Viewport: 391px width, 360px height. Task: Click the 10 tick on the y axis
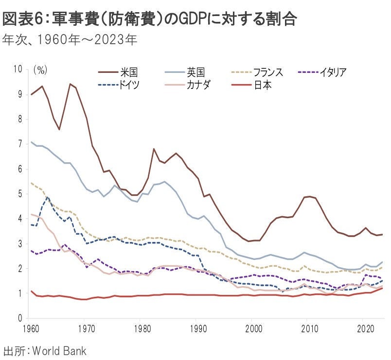(x=18, y=69)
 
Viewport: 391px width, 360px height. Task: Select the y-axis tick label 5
(x=20, y=194)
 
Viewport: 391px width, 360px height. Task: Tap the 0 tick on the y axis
(x=20, y=318)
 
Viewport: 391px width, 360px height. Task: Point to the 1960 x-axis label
(x=31, y=328)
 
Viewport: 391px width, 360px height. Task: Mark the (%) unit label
(x=40, y=69)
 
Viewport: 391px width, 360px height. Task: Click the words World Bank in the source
(x=59, y=350)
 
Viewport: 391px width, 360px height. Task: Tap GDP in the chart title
(x=196, y=19)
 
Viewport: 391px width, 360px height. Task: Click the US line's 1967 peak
(x=71, y=84)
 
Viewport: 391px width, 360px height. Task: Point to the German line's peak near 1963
(x=48, y=197)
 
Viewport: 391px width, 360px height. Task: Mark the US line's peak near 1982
(x=154, y=149)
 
